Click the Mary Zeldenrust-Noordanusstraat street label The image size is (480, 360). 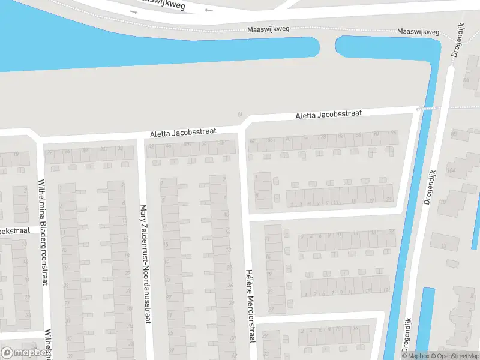click(x=144, y=265)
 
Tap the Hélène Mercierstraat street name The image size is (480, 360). click(x=248, y=306)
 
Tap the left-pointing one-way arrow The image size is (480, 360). click(x=208, y=10)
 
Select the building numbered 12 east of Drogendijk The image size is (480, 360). click(x=445, y=246)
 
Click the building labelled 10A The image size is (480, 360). click(x=451, y=171)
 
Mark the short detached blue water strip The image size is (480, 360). click(x=425, y=321)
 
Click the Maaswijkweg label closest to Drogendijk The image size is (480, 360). click(x=418, y=32)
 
